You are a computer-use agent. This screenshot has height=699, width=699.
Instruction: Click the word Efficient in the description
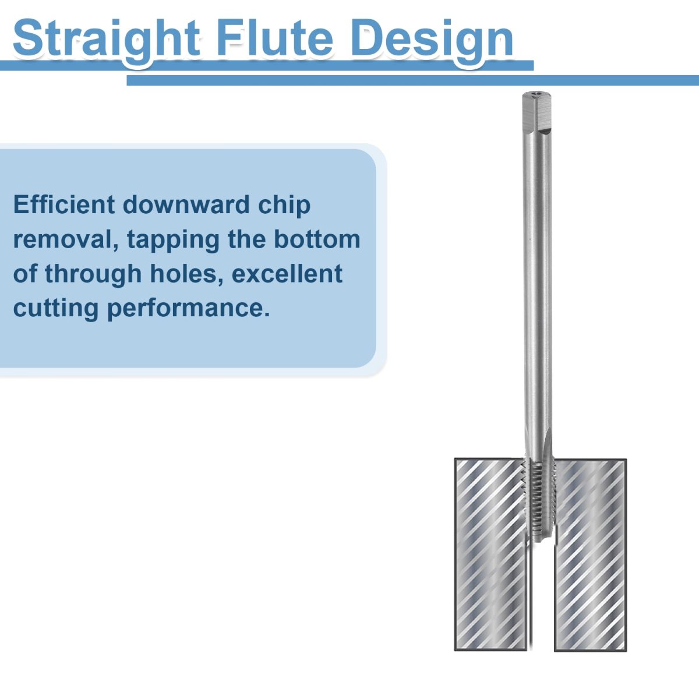click(64, 204)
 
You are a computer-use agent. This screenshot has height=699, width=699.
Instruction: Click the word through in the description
click(93, 274)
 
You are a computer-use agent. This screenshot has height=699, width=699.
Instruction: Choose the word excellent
click(287, 274)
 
